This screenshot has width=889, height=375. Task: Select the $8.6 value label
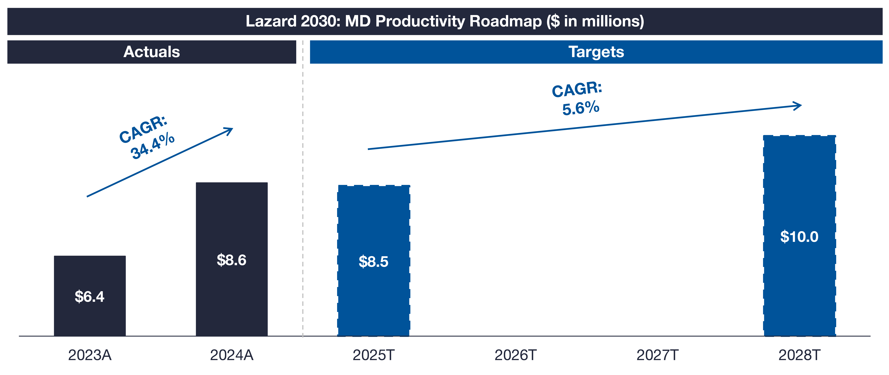(232, 260)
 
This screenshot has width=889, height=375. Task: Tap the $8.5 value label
(373, 262)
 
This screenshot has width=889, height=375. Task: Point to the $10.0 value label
(799, 237)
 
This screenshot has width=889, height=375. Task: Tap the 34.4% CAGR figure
(153, 146)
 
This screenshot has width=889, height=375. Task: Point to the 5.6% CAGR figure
(581, 108)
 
